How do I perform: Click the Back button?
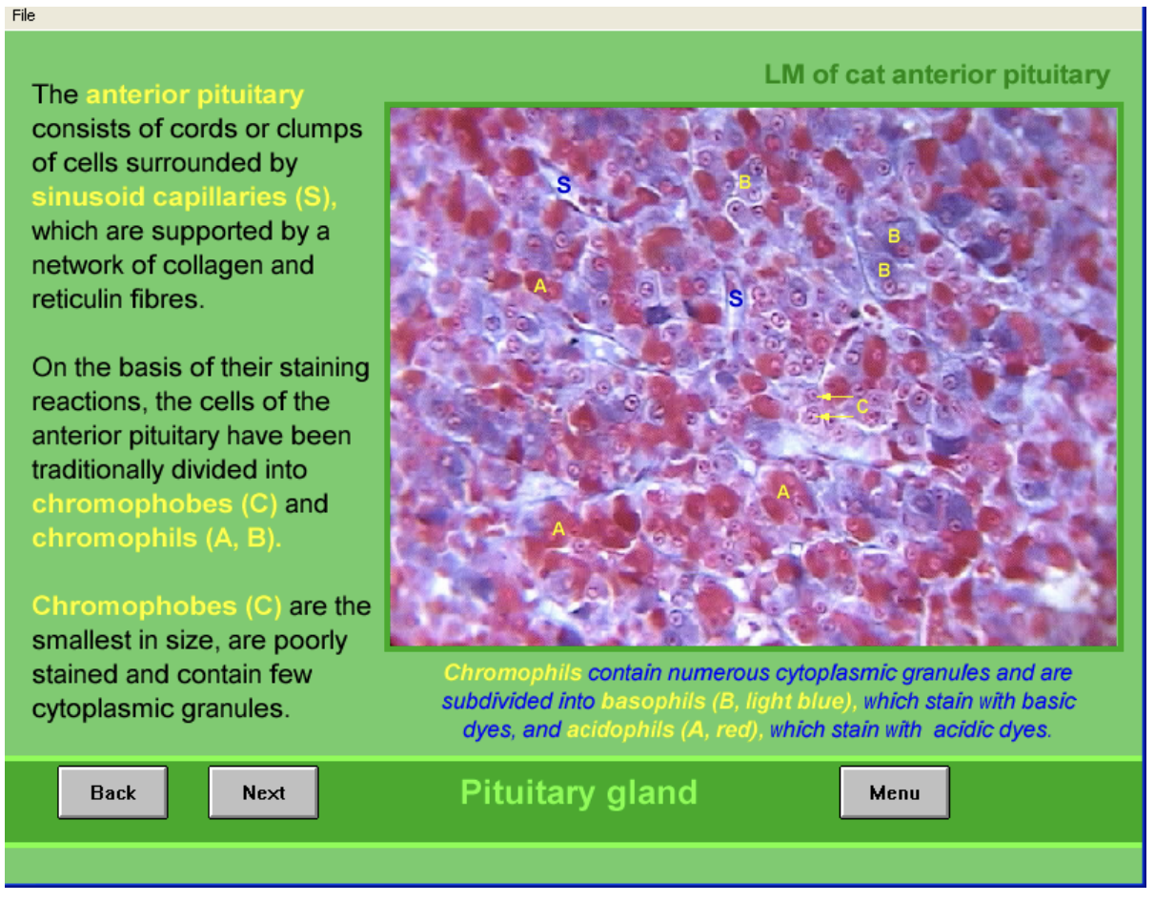[112, 792]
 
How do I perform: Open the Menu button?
[894, 792]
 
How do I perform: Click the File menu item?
[24, 15]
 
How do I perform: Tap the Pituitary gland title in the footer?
[578, 792]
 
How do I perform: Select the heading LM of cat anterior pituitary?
[937, 75]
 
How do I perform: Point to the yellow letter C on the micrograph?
[861, 406]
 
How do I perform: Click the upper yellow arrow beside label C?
[837, 396]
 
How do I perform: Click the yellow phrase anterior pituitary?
[194, 95]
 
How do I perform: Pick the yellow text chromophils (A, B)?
[156, 538]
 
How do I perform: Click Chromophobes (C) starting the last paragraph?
[156, 606]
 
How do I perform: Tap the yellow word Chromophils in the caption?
[513, 673]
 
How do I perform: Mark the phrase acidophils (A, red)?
[665, 730]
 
